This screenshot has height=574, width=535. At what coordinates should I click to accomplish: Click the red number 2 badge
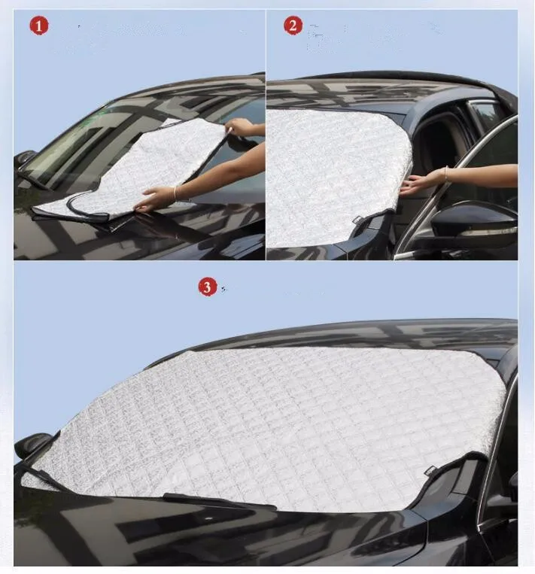(293, 26)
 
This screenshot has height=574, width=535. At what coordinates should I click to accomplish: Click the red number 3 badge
(207, 287)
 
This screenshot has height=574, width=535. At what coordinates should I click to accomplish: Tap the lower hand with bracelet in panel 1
(154, 200)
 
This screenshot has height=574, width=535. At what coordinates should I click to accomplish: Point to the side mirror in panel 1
(24, 159)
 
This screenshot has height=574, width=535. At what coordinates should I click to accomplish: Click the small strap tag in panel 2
(360, 220)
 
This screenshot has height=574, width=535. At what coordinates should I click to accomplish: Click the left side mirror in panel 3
(34, 445)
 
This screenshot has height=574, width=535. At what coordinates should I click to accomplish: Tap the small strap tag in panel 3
(431, 472)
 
